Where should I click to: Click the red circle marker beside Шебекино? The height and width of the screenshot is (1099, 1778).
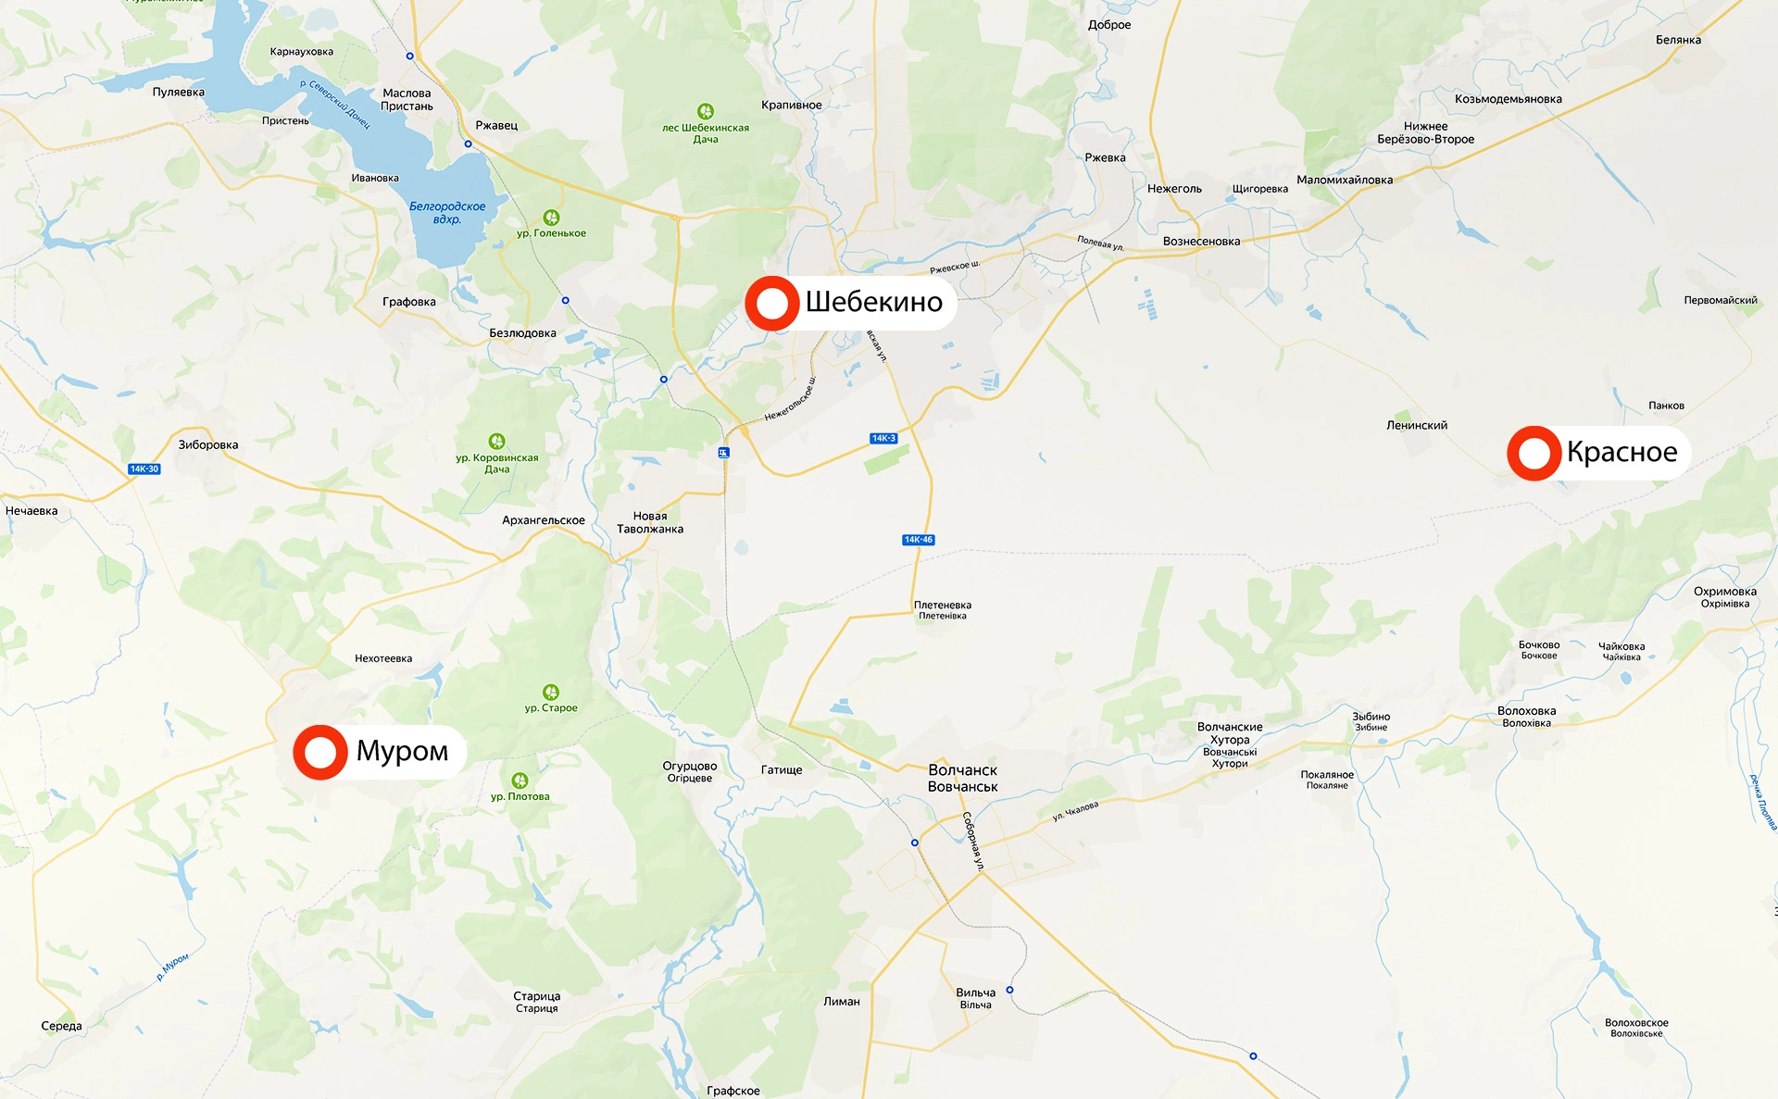[x=771, y=303]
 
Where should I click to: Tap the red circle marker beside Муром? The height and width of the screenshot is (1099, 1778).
[x=320, y=752]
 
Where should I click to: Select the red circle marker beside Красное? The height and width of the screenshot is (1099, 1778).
[x=1534, y=453]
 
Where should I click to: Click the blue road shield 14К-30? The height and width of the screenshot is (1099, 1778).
[x=144, y=469]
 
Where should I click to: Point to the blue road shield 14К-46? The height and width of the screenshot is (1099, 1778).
[x=918, y=540]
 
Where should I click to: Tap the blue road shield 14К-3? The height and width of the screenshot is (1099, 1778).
[x=883, y=438]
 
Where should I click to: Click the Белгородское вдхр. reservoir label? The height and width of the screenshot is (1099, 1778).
[x=447, y=213]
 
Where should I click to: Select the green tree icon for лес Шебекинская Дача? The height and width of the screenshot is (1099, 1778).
[x=706, y=111]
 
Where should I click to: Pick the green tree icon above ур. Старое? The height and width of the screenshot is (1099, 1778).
[x=551, y=692]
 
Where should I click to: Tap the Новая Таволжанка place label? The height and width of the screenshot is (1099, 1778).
[x=650, y=523]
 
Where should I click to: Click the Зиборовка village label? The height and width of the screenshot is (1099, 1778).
[x=208, y=444]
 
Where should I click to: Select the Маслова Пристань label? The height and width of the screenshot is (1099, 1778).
[x=407, y=100]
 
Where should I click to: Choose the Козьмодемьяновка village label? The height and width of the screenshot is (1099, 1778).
[x=1508, y=99]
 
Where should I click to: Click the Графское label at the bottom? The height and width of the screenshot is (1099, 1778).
[x=732, y=1091]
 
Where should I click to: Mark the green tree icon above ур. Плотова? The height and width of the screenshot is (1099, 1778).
[x=520, y=781]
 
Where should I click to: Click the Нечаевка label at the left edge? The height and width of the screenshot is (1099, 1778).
[x=31, y=511]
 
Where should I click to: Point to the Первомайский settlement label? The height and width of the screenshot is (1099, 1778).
[x=1720, y=300]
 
